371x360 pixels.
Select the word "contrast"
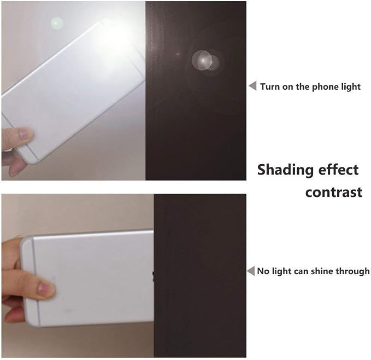point(334,193)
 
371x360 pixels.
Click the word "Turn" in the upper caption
point(270,86)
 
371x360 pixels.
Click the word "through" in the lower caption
point(352,271)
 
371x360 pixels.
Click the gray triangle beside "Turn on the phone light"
point(253,85)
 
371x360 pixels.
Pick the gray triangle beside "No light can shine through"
point(251,271)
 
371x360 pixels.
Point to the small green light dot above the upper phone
point(57,23)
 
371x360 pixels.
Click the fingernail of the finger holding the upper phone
point(25,134)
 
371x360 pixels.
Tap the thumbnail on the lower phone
point(45,289)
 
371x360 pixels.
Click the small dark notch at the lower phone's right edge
point(154,276)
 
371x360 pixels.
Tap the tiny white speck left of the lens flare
point(178,54)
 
